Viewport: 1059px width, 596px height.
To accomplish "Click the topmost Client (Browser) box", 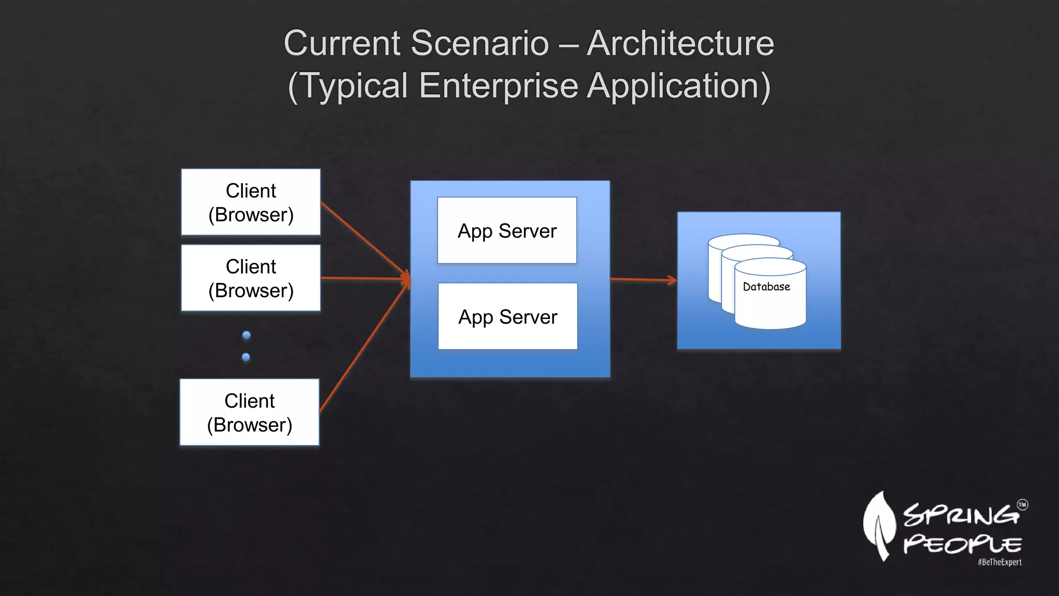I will (251, 202).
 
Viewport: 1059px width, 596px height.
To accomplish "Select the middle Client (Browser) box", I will (251, 278).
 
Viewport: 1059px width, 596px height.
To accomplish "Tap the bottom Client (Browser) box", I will (249, 412).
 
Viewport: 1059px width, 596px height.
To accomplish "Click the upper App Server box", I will (507, 231).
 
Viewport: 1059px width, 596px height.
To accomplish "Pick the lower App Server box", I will (508, 317).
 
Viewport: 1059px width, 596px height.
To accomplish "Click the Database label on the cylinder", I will (766, 287).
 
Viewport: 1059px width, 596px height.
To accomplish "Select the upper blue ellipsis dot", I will (247, 335).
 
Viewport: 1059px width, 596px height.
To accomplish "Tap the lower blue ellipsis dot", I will (246, 357).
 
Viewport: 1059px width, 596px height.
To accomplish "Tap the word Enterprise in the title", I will (498, 85).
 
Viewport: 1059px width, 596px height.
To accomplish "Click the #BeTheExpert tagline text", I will (1000, 562).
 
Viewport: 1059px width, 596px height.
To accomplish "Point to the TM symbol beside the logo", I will (1022, 505).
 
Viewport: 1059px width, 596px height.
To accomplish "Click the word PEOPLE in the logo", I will (962, 544).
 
